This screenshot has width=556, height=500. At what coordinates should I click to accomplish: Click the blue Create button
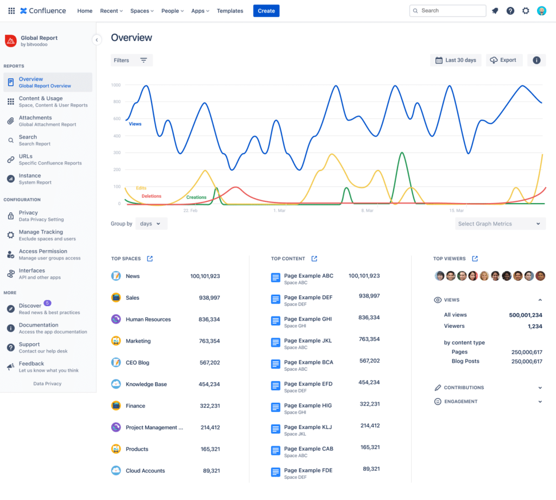(x=266, y=11)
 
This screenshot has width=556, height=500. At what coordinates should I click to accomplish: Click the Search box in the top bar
(x=447, y=11)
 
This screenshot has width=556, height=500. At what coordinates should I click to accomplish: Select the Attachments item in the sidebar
(x=35, y=118)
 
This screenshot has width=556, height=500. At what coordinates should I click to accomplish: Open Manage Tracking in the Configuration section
(x=41, y=232)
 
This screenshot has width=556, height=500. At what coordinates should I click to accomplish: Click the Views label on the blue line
(x=135, y=124)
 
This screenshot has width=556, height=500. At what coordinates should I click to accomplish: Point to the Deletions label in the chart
(x=151, y=196)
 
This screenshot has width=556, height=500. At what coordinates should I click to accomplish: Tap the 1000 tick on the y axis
(x=116, y=85)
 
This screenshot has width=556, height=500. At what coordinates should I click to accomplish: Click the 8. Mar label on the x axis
(x=367, y=210)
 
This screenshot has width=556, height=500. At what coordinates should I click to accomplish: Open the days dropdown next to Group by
(x=151, y=224)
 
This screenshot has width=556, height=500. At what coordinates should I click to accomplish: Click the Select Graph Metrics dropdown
(x=500, y=224)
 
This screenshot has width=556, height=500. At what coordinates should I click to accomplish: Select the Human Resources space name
(x=148, y=319)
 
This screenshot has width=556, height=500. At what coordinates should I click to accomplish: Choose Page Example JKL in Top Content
(x=308, y=340)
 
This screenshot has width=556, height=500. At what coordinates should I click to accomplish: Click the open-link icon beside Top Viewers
(x=475, y=258)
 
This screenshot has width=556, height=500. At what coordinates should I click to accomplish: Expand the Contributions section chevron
(x=540, y=388)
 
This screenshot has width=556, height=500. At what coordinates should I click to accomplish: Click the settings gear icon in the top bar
(x=526, y=11)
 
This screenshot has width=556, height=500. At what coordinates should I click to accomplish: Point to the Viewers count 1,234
(x=534, y=326)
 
